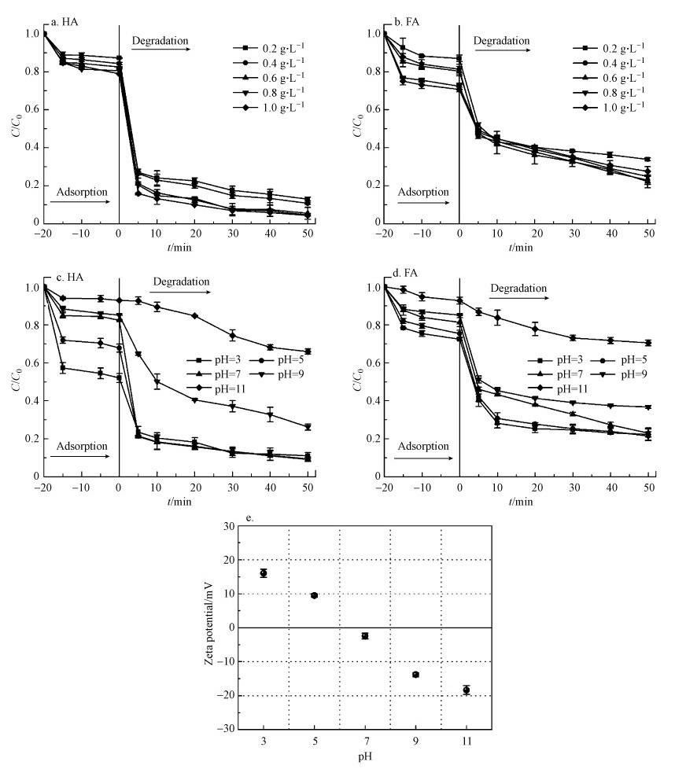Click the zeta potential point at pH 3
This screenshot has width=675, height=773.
click(x=264, y=573)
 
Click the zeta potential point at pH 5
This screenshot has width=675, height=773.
click(x=315, y=595)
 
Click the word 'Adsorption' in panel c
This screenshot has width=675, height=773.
click(x=79, y=446)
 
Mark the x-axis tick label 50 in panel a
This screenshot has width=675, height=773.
click(x=307, y=234)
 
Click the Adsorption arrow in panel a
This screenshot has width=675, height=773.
click(x=79, y=202)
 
